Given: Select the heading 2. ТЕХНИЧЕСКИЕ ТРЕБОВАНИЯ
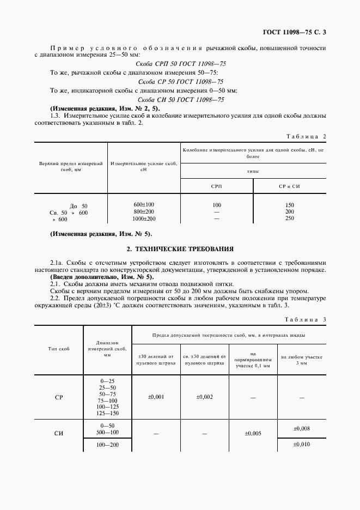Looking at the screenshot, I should click(x=180, y=249).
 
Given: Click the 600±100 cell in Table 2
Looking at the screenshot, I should click(x=144, y=204).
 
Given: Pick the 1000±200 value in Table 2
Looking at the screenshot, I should click(x=144, y=218).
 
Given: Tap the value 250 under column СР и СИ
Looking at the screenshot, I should click(x=289, y=218).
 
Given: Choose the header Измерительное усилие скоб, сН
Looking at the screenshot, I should click(x=144, y=166).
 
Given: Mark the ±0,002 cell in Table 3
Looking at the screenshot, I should click(x=205, y=397).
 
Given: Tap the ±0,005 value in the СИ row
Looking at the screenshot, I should click(x=253, y=434).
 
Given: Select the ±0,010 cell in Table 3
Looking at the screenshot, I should click(x=302, y=445).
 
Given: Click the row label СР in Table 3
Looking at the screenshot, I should click(x=59, y=397).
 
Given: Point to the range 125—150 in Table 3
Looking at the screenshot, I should click(x=107, y=414).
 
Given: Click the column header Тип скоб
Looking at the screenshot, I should click(x=59, y=349).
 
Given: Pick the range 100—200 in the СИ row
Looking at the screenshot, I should click(x=107, y=445).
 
